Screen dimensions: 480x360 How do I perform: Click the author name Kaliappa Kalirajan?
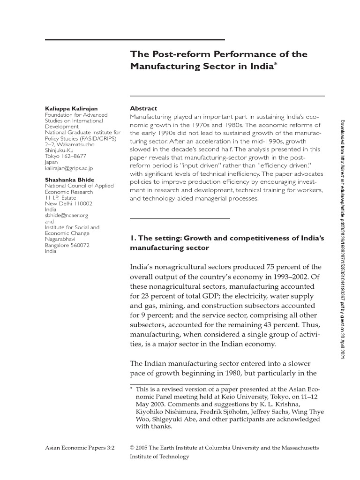click(x=71, y=109)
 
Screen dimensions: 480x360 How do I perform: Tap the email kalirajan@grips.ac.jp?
click(x=69, y=168)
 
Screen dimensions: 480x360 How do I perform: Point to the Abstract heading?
click(x=143, y=108)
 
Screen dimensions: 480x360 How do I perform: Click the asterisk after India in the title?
click(x=277, y=64)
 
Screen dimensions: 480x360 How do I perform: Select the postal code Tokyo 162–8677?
click(x=65, y=156)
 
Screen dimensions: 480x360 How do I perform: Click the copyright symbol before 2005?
click(x=132, y=448)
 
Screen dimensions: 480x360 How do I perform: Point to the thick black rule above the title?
click(x=135, y=39)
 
